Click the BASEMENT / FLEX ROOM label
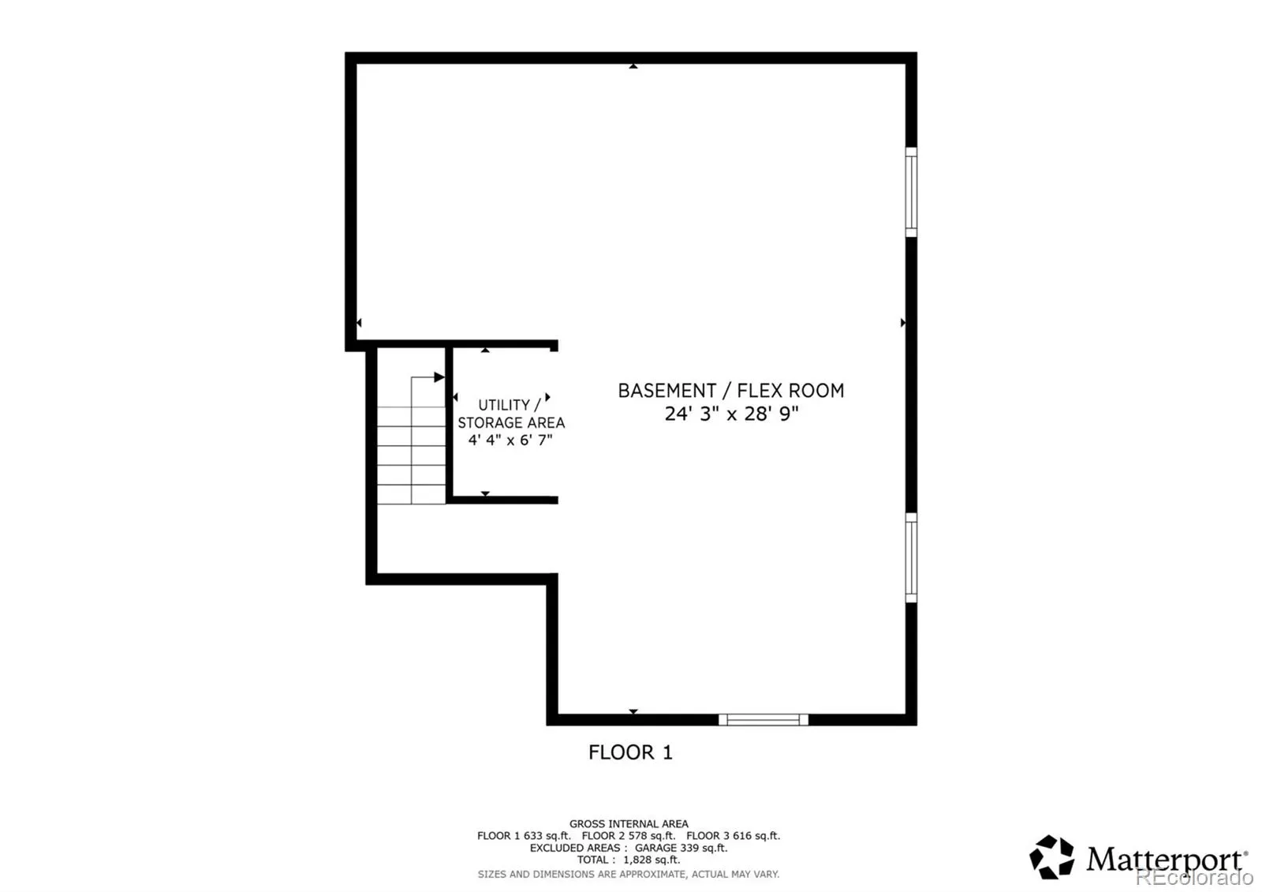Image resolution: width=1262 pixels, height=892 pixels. click(x=730, y=391)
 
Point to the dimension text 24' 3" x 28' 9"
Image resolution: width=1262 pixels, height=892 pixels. click(x=731, y=414)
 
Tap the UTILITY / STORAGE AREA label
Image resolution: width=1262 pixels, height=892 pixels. click(x=510, y=414)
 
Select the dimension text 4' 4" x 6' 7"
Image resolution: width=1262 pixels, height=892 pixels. click(x=510, y=440)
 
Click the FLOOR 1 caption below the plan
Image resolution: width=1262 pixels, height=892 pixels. click(x=630, y=752)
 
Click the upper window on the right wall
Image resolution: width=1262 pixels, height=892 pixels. click(x=911, y=193)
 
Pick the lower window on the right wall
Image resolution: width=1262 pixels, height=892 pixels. click(x=911, y=557)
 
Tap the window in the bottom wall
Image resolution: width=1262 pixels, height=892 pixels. click(x=764, y=719)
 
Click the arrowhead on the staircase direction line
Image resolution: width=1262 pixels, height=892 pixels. click(x=439, y=377)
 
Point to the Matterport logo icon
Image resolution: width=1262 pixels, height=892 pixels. click(x=1052, y=857)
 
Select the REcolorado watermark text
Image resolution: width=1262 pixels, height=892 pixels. click(x=1194, y=877)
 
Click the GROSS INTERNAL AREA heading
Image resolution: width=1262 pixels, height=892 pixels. click(x=629, y=824)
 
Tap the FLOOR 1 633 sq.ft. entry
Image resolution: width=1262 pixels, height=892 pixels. click(x=524, y=836)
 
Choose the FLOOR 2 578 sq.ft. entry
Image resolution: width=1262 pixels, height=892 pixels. click(x=629, y=836)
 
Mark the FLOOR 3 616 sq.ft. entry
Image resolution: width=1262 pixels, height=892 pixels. click(x=733, y=836)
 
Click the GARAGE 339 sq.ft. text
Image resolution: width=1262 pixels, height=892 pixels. click(x=681, y=848)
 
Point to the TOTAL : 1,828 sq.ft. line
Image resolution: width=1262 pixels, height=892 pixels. click(x=629, y=860)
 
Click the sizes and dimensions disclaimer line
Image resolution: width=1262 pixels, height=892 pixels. click(x=629, y=875)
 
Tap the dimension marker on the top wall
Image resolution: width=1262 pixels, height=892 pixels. click(x=633, y=66)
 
